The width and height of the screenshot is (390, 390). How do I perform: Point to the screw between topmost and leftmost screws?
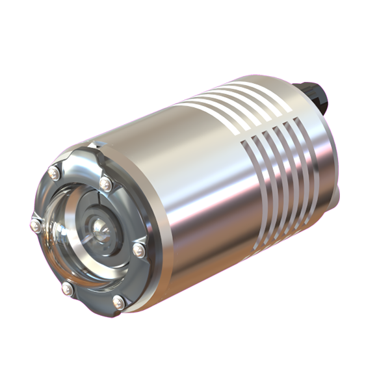click(54, 173)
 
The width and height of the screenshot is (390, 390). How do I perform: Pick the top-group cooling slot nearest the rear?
click(273, 91)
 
